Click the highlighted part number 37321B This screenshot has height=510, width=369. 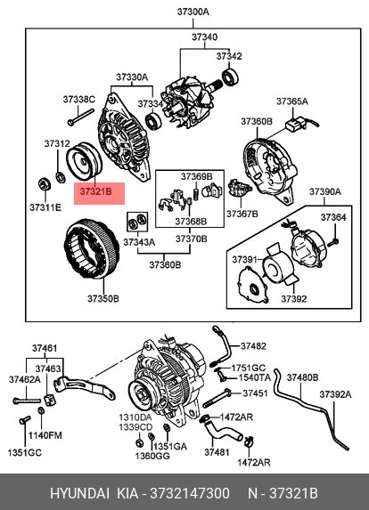click(95, 192)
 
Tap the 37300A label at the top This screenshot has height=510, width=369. click(193, 12)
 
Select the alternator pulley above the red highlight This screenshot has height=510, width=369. click(84, 161)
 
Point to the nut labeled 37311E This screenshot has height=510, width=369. click(44, 184)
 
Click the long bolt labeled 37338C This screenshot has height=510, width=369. click(80, 117)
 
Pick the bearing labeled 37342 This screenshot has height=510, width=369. click(230, 77)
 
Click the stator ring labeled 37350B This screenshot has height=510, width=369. click(92, 249)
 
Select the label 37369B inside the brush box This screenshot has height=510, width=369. click(197, 176)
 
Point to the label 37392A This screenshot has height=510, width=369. click(335, 394)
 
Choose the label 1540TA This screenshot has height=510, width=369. click(255, 377)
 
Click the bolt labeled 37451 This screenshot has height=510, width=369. click(217, 398)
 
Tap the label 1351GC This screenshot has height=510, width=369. click(25, 452)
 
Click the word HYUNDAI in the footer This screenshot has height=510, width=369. click(79, 493)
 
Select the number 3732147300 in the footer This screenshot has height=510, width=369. click(190, 493)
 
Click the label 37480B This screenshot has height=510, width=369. click(302, 377)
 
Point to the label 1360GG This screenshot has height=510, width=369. click(152, 457)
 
